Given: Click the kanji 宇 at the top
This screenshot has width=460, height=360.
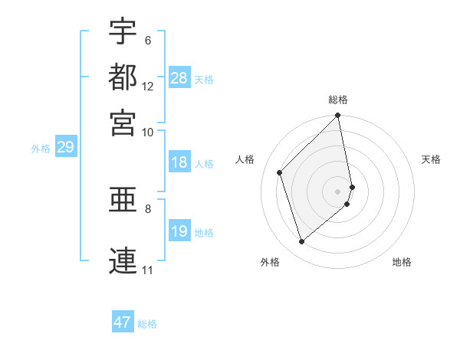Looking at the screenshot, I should point(123,31).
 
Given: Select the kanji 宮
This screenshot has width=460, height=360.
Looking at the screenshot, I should point(123,122).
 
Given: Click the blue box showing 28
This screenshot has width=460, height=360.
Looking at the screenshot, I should point(179,78).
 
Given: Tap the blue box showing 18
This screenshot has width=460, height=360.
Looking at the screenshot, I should point(179,162).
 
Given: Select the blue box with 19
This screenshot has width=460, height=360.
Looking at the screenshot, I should point(179,231).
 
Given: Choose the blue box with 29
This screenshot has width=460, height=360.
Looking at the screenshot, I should point(65,148).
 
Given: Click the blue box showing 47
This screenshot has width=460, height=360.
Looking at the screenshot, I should point(123,322).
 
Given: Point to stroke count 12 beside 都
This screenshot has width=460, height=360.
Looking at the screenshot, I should point(148,87).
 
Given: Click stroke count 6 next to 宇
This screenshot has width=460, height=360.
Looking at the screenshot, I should point(148,40).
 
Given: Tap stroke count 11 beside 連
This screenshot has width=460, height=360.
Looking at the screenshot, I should point(147,270).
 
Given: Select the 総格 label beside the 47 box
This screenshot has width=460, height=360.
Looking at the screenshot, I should point(147,324).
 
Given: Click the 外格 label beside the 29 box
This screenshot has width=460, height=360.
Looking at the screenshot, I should point(40,149).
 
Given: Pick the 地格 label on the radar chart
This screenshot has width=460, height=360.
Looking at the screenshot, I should point(402,263).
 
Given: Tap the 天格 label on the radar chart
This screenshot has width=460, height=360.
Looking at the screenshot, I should point(432,159).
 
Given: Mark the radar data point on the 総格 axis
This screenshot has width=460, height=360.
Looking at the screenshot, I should point(338,116).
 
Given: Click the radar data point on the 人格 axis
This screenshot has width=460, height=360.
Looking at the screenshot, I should point(280,172).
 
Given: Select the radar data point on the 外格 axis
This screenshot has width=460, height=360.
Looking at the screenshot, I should point(302,242).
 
